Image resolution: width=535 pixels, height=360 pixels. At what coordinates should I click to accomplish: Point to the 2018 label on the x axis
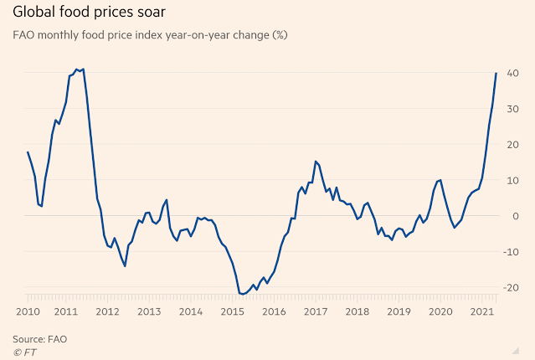coord(356,311)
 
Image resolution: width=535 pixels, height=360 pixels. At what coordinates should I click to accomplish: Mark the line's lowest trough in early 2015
coord(241,294)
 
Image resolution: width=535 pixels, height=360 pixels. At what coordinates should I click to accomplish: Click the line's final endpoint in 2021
coord(496,73)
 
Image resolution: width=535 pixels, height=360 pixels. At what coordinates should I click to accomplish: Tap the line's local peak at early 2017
coord(315,161)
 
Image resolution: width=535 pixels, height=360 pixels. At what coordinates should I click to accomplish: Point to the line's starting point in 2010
coord(27,152)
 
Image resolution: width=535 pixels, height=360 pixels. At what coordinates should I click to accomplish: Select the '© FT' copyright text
coord(24,352)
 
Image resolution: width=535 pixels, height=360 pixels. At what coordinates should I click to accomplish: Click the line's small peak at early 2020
coord(440,179)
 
